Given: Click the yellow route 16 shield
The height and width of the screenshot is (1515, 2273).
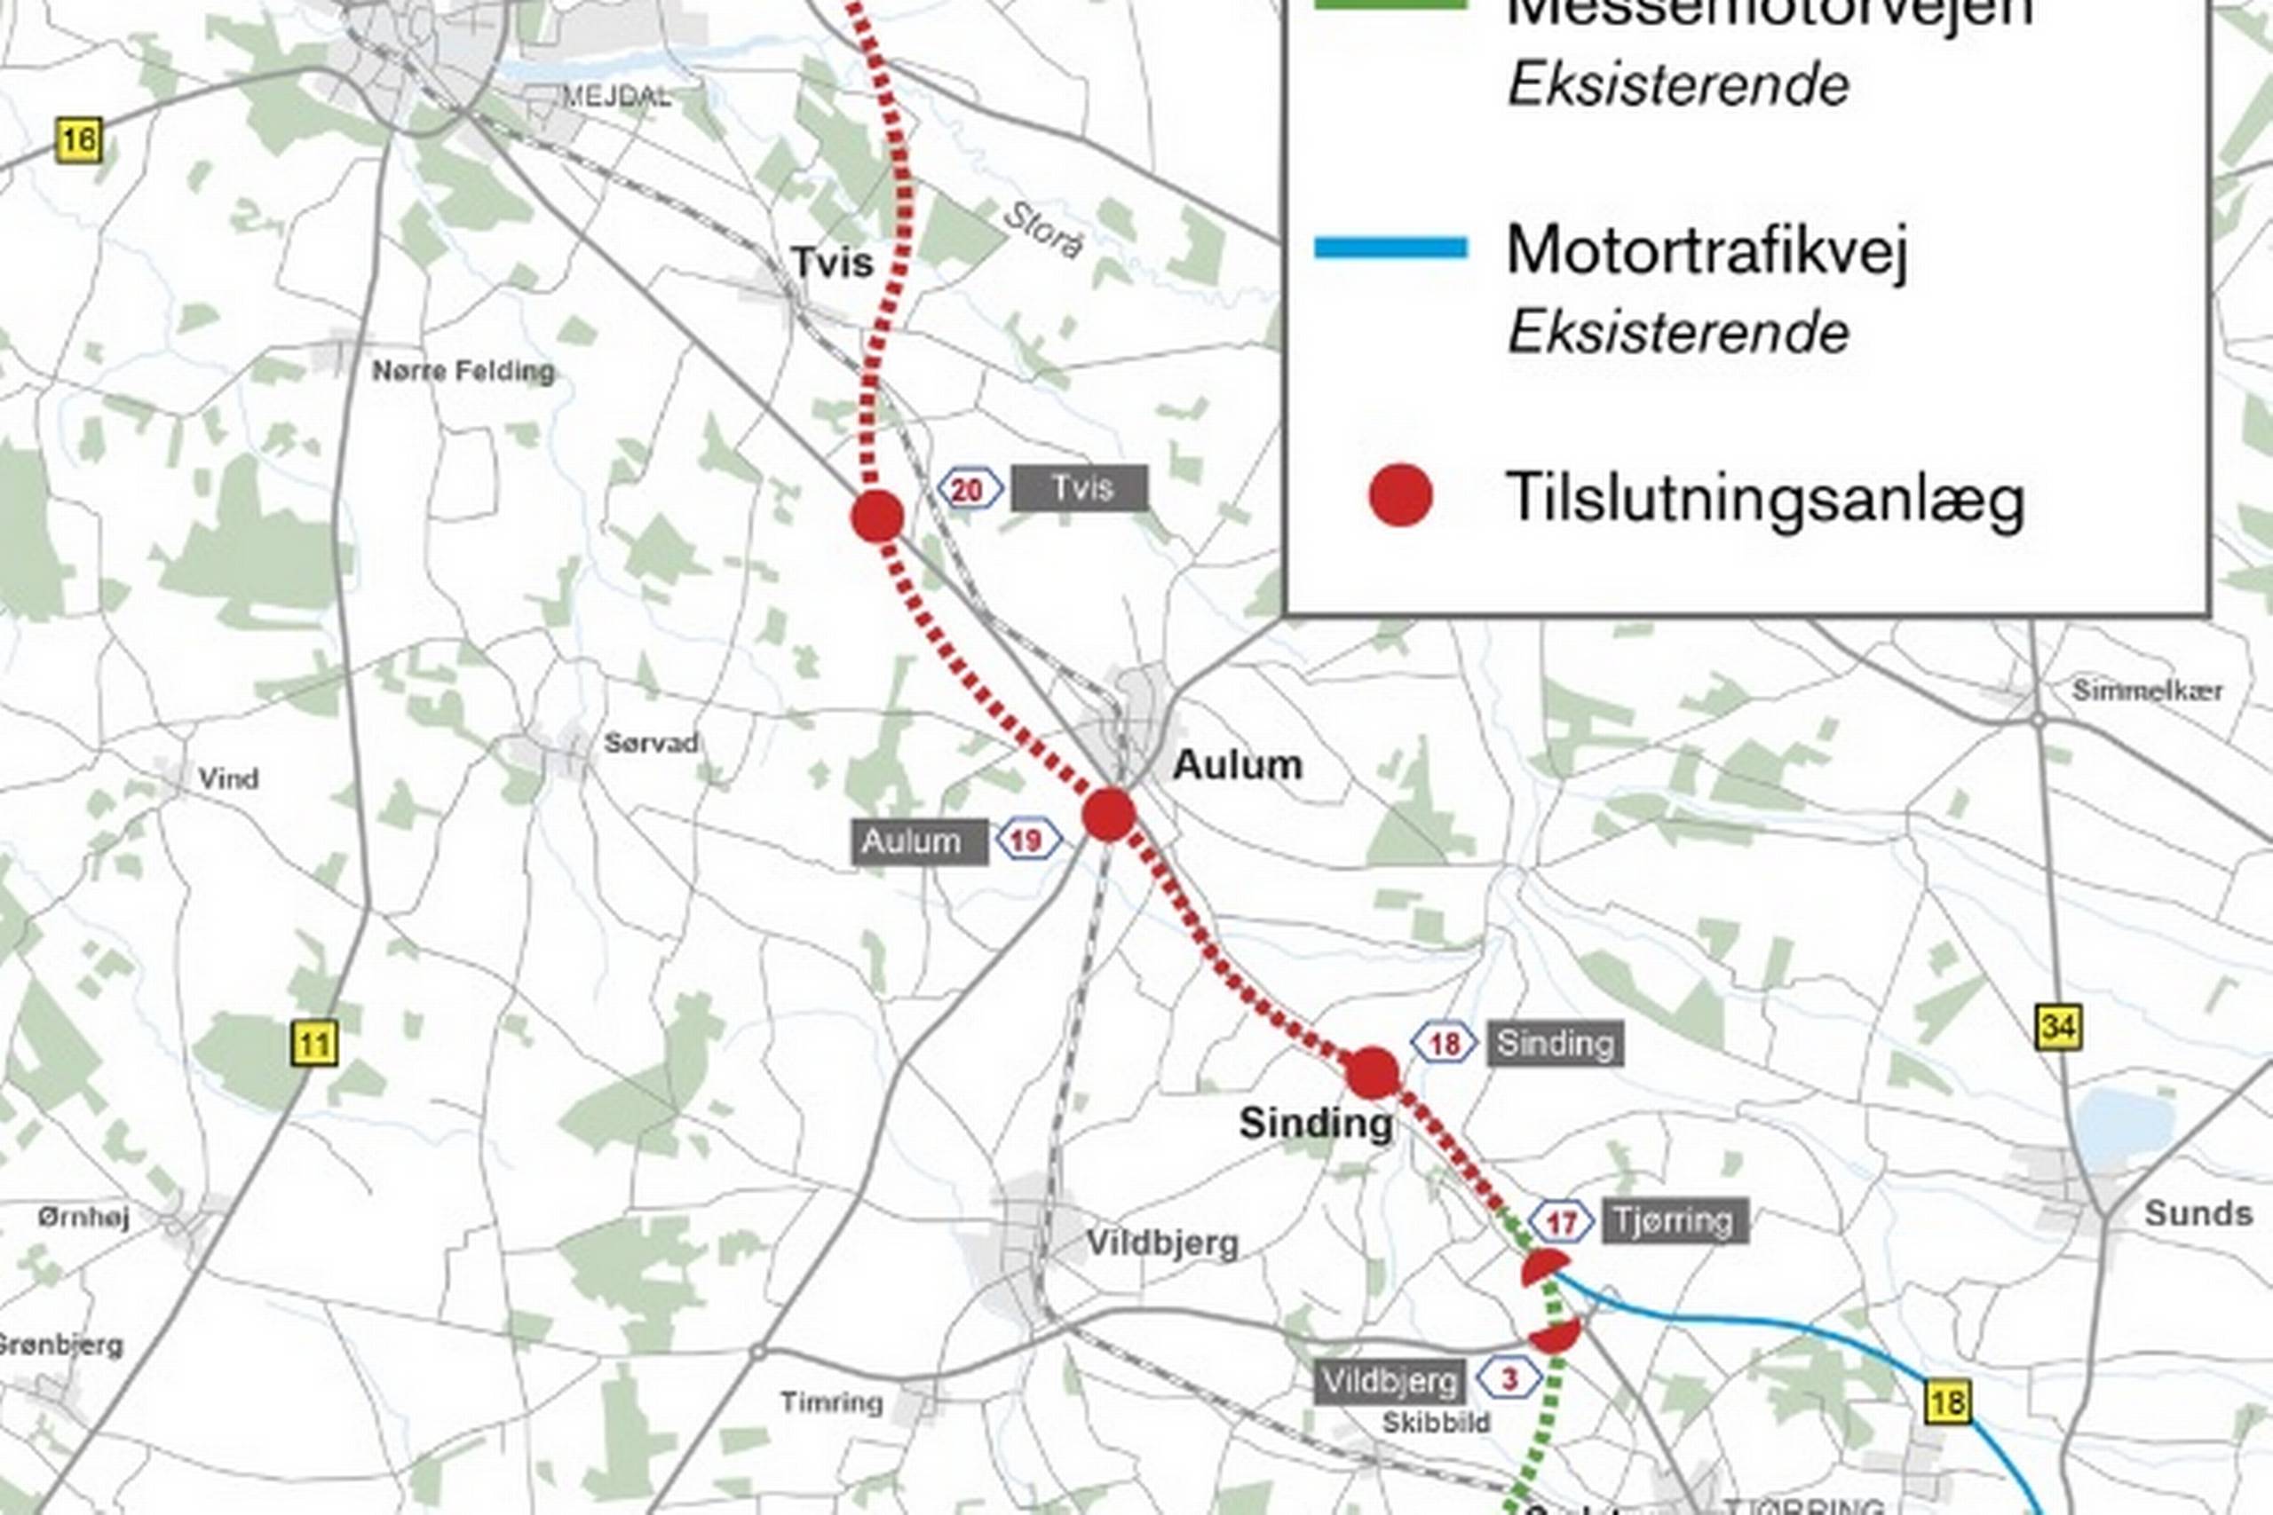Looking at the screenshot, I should pos(78,141).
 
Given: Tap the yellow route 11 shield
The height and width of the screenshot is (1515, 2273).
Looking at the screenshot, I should pos(314,1044).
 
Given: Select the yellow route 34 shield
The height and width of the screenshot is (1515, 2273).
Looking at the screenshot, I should pos(2057,1027).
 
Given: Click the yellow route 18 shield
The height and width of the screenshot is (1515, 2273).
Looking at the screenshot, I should pos(1947,1402).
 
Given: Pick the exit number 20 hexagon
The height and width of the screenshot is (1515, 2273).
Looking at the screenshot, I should pos(969,490).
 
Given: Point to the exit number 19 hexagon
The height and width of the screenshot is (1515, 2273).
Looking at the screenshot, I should pos(1027,840).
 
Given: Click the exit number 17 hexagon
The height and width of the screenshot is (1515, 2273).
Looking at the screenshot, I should pos(1562,1223).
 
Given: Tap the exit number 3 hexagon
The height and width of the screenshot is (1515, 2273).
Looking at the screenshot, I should pos(1509,1379).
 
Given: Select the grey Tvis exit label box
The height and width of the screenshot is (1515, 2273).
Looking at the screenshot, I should pos(1080,488).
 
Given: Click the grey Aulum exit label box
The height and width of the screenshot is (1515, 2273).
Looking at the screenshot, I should pos(919,841).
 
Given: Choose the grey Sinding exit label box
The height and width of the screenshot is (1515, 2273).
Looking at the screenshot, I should pos(1554,1044).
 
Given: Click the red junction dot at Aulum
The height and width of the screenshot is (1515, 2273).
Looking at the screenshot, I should pos(1108,815).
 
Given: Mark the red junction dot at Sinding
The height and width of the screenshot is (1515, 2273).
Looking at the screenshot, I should pos(1373,1073).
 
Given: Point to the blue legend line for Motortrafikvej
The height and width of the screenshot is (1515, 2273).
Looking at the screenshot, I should pos(1390,249).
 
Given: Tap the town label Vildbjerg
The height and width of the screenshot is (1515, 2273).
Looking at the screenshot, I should pos(1161,1243).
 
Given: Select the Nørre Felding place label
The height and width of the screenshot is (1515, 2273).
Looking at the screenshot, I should pos(463,371).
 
